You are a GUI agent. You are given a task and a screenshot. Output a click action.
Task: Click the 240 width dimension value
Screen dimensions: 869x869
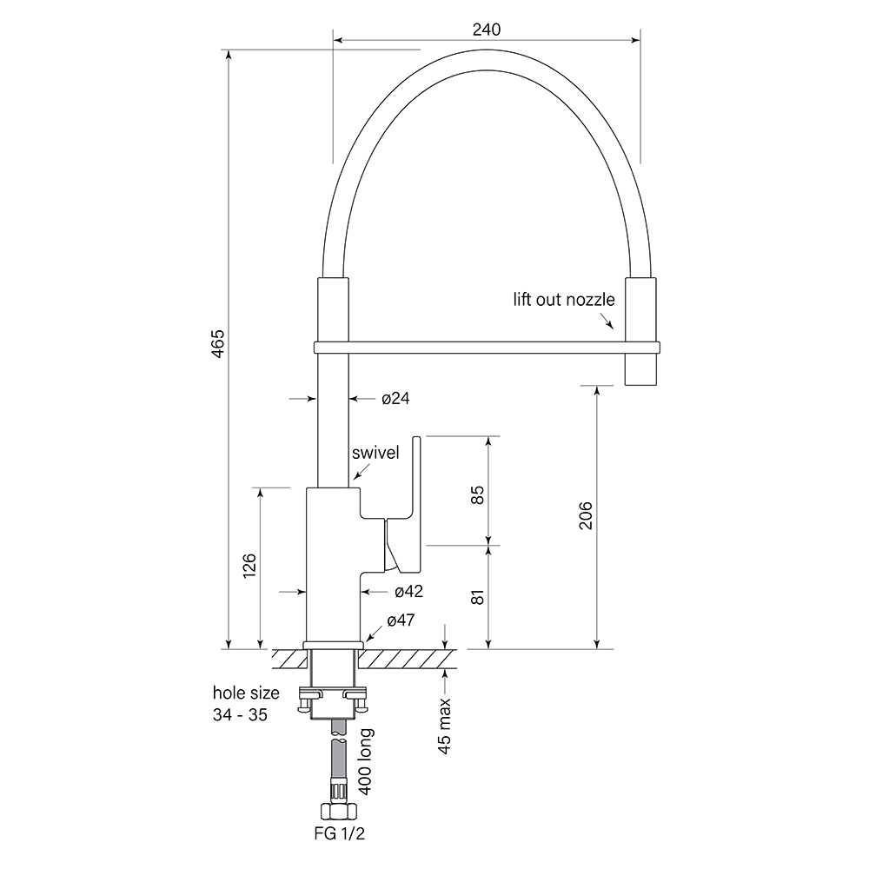point(488,28)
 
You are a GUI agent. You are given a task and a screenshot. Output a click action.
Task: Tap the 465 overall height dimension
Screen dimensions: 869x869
point(218,345)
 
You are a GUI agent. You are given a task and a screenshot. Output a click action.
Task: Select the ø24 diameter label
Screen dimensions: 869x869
point(395,399)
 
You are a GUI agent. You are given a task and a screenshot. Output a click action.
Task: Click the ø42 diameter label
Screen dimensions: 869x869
point(408,591)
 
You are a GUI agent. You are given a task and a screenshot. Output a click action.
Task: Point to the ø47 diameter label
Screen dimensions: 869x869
point(401,620)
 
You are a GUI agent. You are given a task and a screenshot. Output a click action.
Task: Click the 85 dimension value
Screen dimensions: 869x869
point(476,494)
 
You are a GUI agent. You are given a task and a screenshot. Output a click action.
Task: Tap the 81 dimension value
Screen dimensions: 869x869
point(476,597)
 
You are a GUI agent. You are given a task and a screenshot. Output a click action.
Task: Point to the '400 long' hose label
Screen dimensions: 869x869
point(366,762)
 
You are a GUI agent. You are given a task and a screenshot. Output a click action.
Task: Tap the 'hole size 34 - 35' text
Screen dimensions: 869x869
point(246,704)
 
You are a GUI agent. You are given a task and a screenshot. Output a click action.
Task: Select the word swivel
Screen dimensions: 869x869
point(375,454)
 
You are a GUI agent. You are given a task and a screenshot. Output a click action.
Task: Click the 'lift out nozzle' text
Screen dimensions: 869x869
point(563,300)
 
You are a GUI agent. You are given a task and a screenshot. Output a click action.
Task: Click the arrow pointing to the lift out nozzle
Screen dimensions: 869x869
point(608,322)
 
